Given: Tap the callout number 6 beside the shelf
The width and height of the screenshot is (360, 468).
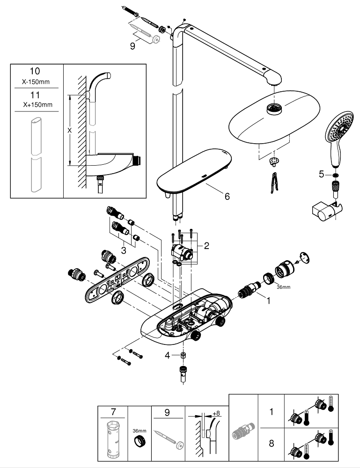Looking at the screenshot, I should (227, 197).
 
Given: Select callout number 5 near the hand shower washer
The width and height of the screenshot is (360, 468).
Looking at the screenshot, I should (321, 174).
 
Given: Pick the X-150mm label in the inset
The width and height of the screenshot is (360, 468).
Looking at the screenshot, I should (36, 81).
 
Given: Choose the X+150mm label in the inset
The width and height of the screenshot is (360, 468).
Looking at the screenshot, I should (36, 104).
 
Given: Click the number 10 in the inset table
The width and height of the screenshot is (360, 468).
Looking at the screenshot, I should (36, 72).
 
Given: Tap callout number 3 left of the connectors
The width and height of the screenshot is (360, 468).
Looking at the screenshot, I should (123, 250).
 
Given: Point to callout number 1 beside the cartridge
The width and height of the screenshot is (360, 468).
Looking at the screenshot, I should (268, 301).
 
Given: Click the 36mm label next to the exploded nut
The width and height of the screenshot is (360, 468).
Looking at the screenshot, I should (284, 288).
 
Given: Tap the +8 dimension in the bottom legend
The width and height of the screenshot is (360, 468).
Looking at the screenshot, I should (216, 414).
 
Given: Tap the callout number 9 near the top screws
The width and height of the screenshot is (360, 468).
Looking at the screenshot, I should (133, 46).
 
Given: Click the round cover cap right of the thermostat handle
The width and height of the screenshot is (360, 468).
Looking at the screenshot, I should (305, 257).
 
